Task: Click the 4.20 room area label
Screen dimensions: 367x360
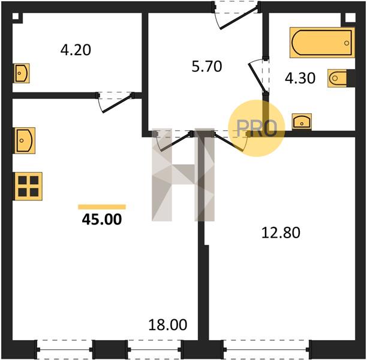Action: [76, 50]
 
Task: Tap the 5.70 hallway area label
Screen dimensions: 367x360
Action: [207, 66]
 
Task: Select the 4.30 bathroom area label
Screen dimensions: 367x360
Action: [300, 78]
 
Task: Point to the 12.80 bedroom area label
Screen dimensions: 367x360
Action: [281, 233]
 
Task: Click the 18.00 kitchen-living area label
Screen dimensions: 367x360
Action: [168, 325]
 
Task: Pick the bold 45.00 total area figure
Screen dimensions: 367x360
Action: [102, 220]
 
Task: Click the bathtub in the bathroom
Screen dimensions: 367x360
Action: [322, 43]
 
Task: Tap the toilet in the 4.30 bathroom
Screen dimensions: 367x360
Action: [337, 78]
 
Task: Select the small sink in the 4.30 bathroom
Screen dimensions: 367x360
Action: [302, 121]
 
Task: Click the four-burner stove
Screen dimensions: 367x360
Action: [29, 186]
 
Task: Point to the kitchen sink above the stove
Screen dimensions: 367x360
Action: [25, 140]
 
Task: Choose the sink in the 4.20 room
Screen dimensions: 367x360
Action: [22, 73]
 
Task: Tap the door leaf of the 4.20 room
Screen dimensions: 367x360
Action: [117, 104]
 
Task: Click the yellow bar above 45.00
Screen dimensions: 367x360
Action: [102, 207]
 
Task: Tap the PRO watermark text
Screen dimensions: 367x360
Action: [257, 128]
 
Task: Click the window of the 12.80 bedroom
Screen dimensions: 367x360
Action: [266, 349]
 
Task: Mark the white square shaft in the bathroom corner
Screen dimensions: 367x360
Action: [350, 18]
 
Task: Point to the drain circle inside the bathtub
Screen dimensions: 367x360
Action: [347, 43]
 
